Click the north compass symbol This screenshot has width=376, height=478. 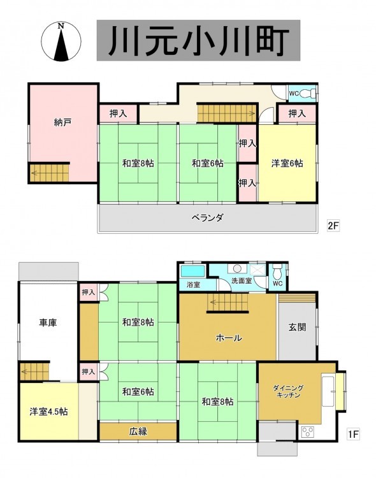(x=61, y=41)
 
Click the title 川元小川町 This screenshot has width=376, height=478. (x=198, y=41)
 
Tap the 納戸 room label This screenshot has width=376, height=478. (x=63, y=122)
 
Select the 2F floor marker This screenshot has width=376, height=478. (x=333, y=226)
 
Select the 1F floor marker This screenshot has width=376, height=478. (x=353, y=434)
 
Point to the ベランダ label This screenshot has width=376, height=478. (x=207, y=218)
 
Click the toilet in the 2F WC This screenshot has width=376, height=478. (x=308, y=93)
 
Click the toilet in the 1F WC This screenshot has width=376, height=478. (x=277, y=272)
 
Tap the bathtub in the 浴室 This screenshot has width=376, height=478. (x=192, y=271)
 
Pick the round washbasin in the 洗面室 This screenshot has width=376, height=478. (x=237, y=268)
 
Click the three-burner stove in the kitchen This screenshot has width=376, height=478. (x=307, y=432)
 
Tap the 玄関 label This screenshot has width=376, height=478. (x=297, y=327)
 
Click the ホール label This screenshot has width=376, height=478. (x=229, y=337)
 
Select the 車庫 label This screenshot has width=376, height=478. (x=48, y=322)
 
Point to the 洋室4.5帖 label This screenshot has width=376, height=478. (x=49, y=412)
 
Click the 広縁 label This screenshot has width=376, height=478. (x=138, y=431)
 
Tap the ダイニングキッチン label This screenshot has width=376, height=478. (x=288, y=391)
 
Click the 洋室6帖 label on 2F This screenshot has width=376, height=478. (x=287, y=163)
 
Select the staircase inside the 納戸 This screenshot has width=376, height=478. (x=50, y=173)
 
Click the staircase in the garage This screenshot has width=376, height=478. (x=35, y=371)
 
